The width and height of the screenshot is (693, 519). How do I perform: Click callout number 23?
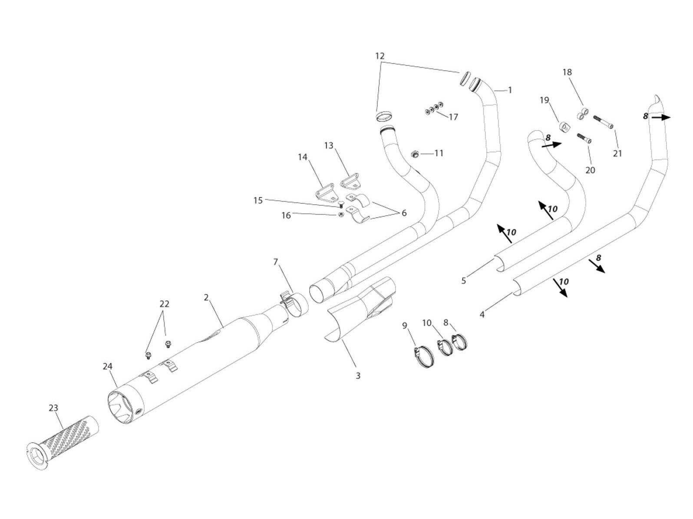click(x=53, y=408)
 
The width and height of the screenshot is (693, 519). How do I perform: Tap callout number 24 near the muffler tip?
click(x=108, y=367)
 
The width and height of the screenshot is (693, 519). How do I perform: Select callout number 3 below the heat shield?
click(x=358, y=376)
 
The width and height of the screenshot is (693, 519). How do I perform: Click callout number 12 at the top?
click(x=380, y=56)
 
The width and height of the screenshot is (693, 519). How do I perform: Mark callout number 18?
click(x=568, y=72)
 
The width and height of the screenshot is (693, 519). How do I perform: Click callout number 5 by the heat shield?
click(x=464, y=281)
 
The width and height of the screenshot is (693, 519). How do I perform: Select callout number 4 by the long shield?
click(x=482, y=315)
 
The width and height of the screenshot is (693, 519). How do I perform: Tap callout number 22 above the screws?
click(x=164, y=304)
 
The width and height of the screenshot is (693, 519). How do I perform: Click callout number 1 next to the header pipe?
click(x=510, y=90)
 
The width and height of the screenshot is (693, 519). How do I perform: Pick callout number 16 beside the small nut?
click(x=286, y=215)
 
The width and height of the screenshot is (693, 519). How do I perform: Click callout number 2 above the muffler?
click(x=206, y=297)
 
